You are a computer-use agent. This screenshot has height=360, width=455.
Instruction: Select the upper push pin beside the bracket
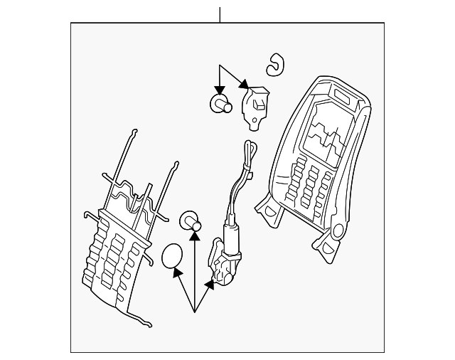coord(220,104)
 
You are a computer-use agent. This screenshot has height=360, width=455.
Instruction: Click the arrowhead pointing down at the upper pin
coord(220,89)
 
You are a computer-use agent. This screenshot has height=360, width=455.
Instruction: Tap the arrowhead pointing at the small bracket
coord(245,86)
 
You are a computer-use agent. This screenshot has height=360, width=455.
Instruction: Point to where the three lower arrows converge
coord(193,312)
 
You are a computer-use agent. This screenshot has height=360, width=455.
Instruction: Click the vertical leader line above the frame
coord(220,14)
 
